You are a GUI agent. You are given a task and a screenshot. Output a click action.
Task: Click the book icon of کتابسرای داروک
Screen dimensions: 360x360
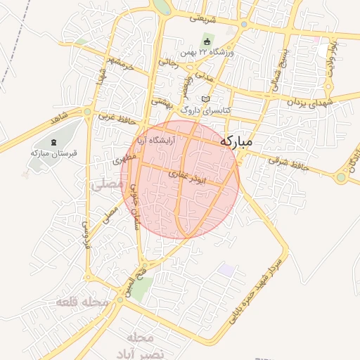pyautogui.click(x=205, y=99)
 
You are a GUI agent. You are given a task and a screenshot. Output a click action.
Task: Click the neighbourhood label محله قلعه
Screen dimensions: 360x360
pyautogui.click(x=83, y=302)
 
